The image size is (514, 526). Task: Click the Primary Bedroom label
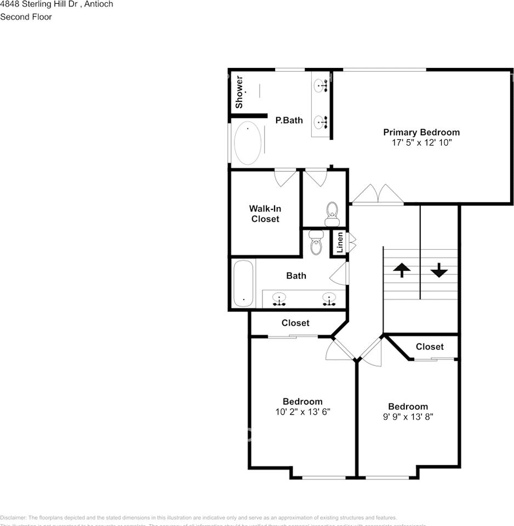point(421,132)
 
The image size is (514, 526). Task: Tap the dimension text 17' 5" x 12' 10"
point(421,142)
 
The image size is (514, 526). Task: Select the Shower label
point(239,92)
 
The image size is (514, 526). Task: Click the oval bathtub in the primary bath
point(247,142)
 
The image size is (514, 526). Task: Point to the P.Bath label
point(289,120)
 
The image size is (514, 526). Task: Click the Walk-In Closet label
point(265,214)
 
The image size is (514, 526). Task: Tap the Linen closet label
point(340,242)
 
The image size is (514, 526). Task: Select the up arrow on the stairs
point(402,270)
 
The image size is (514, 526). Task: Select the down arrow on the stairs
point(439,270)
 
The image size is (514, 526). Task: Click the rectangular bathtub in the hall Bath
point(244,283)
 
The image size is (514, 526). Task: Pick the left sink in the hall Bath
point(280,299)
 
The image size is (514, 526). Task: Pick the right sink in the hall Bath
point(329,299)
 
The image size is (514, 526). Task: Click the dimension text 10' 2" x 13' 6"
point(302,411)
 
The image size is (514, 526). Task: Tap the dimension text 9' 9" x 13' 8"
point(408,416)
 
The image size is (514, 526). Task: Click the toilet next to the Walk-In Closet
point(332,213)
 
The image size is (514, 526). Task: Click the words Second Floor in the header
point(26,17)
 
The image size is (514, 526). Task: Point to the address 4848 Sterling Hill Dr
point(38,4)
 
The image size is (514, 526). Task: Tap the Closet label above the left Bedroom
point(295,323)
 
